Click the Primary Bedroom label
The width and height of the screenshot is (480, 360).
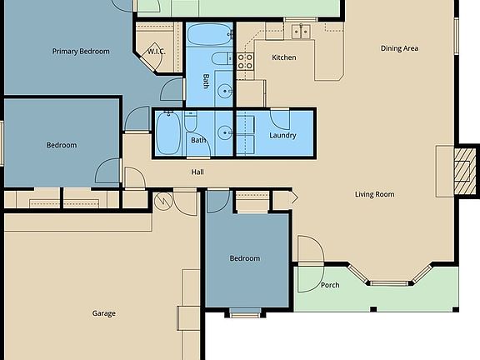(81, 52)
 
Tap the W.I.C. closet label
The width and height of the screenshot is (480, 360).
(156, 52)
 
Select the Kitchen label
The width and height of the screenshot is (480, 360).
(284, 57)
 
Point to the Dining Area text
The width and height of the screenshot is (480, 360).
(399, 48)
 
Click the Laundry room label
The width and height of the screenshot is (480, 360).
(283, 135)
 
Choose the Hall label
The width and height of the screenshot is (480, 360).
(197, 172)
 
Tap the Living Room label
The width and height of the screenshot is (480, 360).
(374, 195)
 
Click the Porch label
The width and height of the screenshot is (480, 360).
(330, 285)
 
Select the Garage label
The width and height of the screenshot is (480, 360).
(103, 313)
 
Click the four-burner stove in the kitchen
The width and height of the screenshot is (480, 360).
(245, 60)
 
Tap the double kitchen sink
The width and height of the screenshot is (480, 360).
(300, 32)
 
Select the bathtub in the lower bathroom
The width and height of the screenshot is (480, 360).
(167, 133)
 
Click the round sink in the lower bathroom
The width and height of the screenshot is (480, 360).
(224, 132)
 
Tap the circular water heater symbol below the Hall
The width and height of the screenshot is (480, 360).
(162, 202)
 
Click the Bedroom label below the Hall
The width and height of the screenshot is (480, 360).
(244, 258)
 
